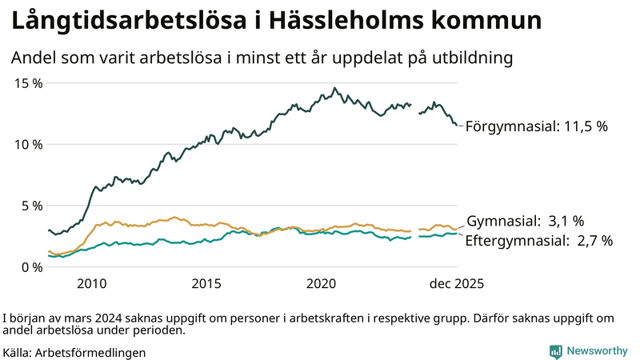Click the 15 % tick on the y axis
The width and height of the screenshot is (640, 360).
coord(29,83)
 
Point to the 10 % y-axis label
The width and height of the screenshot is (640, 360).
coord(29,144)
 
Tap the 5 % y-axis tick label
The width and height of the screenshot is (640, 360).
coord(32,206)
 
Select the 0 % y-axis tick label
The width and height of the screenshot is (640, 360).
coord(32,266)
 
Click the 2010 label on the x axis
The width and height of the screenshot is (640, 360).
coord(91,283)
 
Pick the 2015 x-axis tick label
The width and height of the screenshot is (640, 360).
coord(206,283)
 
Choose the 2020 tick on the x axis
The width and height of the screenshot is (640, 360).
coord(322,283)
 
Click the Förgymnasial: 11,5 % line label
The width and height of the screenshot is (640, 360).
coord(537,126)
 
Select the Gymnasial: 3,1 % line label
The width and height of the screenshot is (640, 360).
coord(525,221)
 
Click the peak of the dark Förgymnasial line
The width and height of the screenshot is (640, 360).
coord(335,88)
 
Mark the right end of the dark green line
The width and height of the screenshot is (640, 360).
coord(457,125)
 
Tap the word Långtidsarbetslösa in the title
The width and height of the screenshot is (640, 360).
coord(118,22)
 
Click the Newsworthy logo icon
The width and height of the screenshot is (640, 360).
coord(555,350)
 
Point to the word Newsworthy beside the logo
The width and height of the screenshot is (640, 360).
coord(597,350)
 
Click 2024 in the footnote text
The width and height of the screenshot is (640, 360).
coord(103,318)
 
